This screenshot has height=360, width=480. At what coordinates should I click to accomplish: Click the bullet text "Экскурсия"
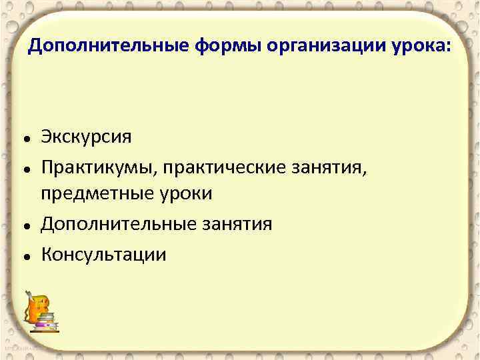pos(86,137)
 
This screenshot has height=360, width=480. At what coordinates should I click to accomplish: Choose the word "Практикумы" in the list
pos(97,165)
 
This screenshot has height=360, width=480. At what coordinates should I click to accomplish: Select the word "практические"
pos(225,165)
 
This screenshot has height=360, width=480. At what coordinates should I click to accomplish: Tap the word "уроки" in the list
pos(186,194)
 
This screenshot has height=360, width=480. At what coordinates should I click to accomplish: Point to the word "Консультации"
pos(103,253)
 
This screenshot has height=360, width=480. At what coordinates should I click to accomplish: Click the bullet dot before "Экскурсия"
pos(25,139)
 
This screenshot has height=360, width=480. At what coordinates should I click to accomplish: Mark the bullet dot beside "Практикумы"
pos(25,168)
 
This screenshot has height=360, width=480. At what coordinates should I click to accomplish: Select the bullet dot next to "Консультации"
pos(25,256)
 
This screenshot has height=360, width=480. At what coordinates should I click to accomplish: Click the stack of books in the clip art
pos(47,324)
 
